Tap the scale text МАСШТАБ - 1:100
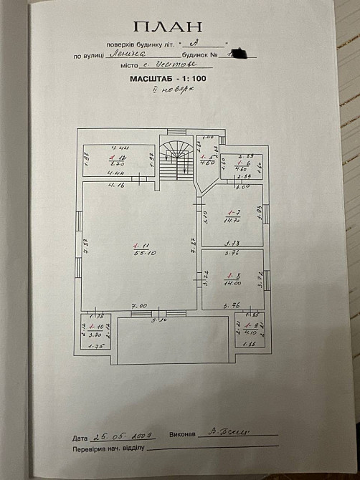(x=171, y=80)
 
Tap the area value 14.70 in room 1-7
(x=233, y=221)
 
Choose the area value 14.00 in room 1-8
(x=232, y=282)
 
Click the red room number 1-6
(x=242, y=163)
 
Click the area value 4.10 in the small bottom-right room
(x=250, y=332)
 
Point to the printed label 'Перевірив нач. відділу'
(x=108, y=449)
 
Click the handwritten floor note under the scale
(x=173, y=91)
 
